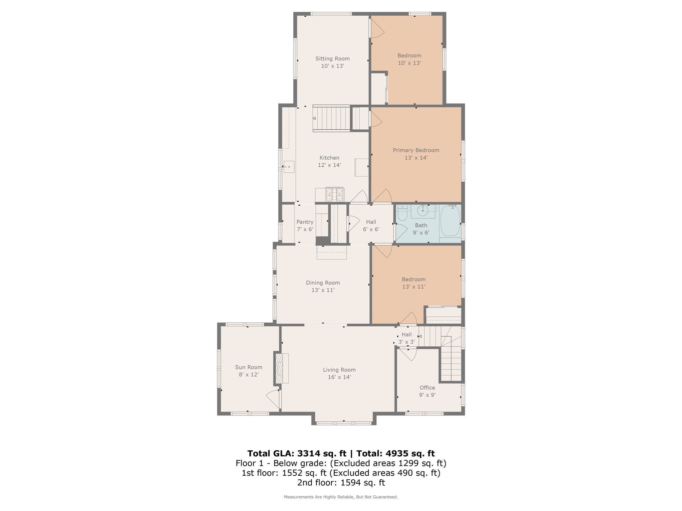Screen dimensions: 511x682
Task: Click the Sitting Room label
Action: [332, 59]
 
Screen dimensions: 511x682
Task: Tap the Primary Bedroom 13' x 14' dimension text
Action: [416, 158]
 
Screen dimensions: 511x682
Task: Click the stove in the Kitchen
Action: [334, 195]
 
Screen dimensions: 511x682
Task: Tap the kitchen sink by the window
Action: [289, 166]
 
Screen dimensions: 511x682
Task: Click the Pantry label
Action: [305, 222]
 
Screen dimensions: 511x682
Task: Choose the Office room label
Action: [427, 388]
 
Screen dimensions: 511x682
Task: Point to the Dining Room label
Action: [323, 283]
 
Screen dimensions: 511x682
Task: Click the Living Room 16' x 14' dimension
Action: [339, 377]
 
